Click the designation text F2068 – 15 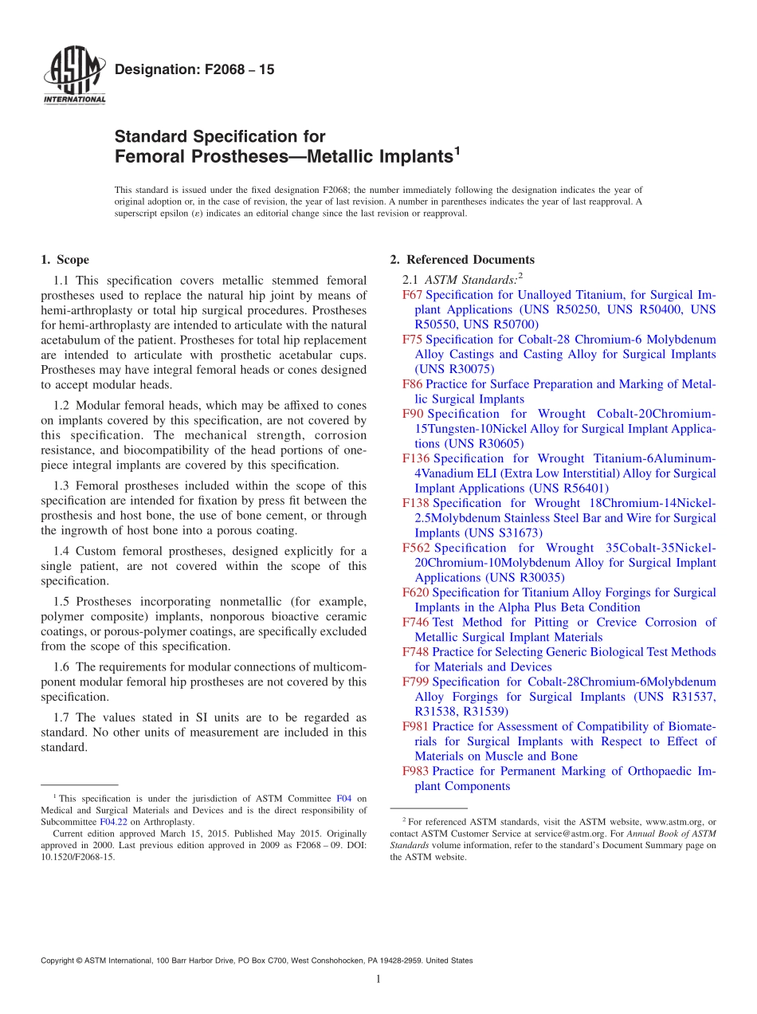[x=194, y=70]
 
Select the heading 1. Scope [x=65, y=260]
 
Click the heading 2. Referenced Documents [x=462, y=260]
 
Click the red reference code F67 [x=413, y=295]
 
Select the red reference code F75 [x=413, y=340]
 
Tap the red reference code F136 [x=416, y=458]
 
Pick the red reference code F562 [x=416, y=548]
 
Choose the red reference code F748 [x=416, y=652]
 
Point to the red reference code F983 [x=416, y=771]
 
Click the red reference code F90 [x=413, y=414]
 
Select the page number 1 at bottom [x=378, y=979]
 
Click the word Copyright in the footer [x=59, y=961]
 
